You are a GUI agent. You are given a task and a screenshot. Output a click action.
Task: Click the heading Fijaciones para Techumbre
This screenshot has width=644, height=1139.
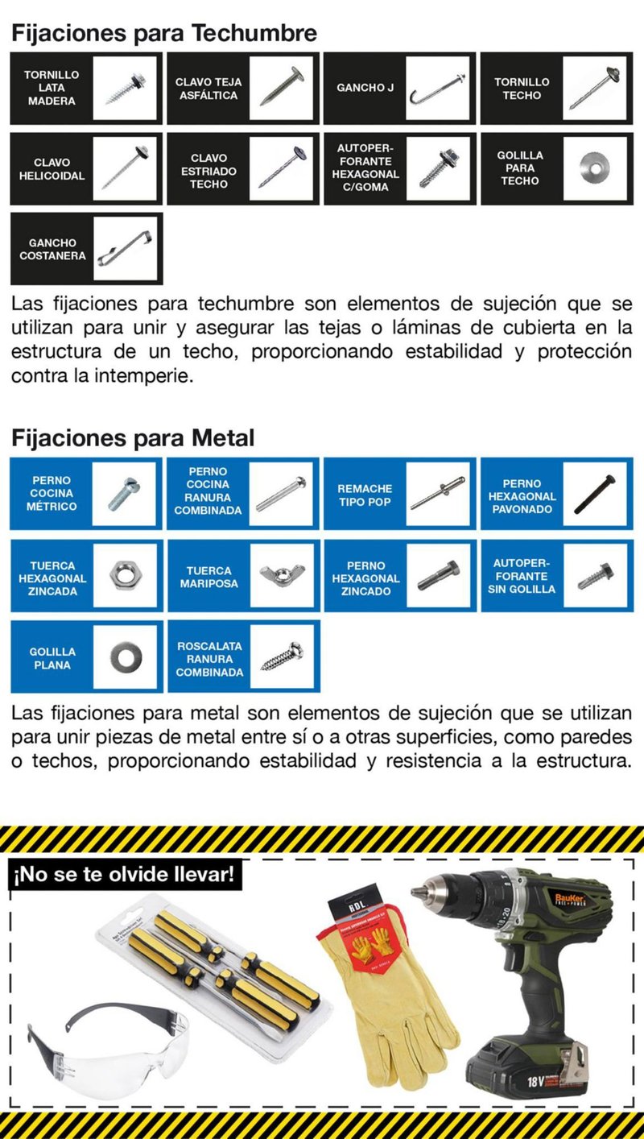(x=163, y=33)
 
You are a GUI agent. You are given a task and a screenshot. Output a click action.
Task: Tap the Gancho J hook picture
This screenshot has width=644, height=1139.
(x=438, y=88)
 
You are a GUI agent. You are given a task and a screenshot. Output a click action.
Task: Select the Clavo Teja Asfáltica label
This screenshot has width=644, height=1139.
(x=208, y=89)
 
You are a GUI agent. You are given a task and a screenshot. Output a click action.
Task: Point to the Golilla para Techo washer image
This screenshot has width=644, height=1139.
(x=594, y=168)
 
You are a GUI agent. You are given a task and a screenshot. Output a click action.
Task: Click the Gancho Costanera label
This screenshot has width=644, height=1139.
(x=52, y=249)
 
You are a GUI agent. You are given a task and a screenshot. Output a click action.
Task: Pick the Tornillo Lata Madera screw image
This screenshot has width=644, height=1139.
(x=124, y=89)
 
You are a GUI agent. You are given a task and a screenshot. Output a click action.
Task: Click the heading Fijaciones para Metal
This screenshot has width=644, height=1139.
(x=132, y=438)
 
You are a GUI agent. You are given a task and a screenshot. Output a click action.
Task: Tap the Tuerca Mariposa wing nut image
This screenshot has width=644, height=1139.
(x=281, y=575)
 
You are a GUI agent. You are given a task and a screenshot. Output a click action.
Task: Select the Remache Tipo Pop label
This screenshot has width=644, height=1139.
(x=365, y=495)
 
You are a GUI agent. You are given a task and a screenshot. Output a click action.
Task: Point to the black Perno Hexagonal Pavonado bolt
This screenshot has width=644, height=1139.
(x=595, y=494)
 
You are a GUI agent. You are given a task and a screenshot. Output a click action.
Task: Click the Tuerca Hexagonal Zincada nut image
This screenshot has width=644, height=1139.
(x=124, y=575)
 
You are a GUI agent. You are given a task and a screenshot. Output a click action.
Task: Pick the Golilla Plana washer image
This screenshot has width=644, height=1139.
(x=124, y=656)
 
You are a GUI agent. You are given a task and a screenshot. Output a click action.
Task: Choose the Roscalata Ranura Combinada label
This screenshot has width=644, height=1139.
(x=209, y=659)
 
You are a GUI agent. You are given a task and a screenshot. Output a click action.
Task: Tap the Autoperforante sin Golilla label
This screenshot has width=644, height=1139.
(x=522, y=576)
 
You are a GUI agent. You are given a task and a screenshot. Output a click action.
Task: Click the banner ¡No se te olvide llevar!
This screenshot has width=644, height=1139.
(x=125, y=875)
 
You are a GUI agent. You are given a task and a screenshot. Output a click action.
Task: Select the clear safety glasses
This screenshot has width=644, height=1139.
(x=113, y=1040)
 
